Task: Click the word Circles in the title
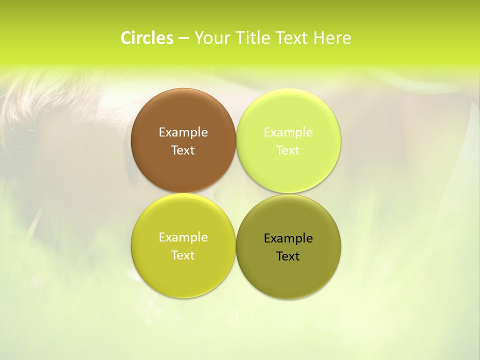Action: point(147,38)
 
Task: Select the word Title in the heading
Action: point(253,38)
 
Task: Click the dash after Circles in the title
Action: point(183,38)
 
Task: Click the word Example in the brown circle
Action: point(183,132)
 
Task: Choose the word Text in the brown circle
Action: point(183,150)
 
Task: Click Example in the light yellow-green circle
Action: point(288,132)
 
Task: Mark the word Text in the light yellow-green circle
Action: point(288,150)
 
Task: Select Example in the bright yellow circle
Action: point(183,237)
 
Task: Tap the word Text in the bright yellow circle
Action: point(183,255)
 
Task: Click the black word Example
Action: point(288,238)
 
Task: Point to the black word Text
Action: point(288,256)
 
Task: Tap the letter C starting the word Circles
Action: point(126,38)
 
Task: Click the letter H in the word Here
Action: point(318,38)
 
